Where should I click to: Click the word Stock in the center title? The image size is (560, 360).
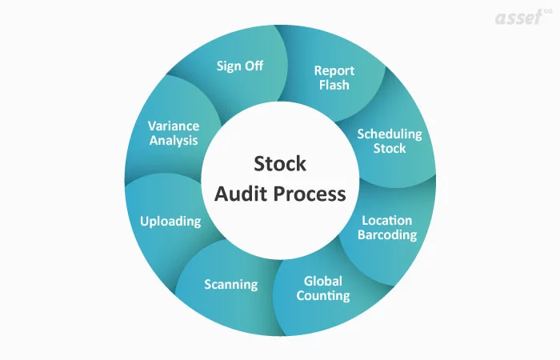pyautogui.click(x=279, y=164)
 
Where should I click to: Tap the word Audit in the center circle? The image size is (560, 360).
pyautogui.click(x=238, y=194)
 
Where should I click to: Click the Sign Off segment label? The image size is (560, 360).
pyautogui.click(x=239, y=66)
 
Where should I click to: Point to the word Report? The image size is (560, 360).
pyautogui.click(x=334, y=70)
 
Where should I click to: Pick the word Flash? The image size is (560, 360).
pyautogui.click(x=334, y=85)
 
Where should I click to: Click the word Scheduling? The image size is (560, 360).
pyautogui.click(x=389, y=134)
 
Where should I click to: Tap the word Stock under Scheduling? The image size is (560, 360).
pyautogui.click(x=389, y=148)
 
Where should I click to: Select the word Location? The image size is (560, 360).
pyautogui.click(x=387, y=220)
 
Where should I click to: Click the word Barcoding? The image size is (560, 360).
pyautogui.click(x=387, y=235)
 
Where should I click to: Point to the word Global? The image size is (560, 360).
pyautogui.click(x=323, y=281)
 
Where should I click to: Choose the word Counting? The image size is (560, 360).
pyautogui.click(x=323, y=296)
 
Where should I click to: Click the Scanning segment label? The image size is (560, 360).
pyautogui.click(x=230, y=284)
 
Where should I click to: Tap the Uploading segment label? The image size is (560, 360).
pyautogui.click(x=170, y=221)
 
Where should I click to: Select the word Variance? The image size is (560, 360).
pyautogui.click(x=174, y=126)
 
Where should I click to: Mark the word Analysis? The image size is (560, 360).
pyautogui.click(x=174, y=141)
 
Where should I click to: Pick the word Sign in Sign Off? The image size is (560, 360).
pyautogui.click(x=229, y=66)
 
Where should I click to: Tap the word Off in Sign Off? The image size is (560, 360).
pyautogui.click(x=253, y=66)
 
